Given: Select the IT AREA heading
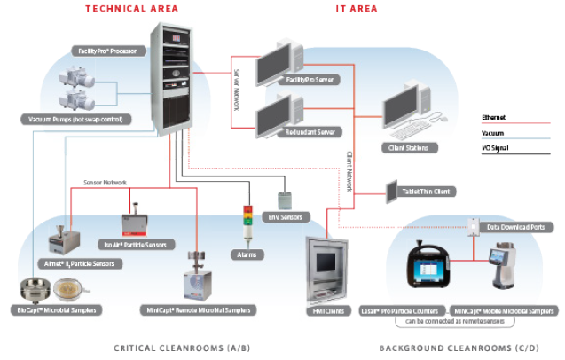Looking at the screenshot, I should coord(357,9).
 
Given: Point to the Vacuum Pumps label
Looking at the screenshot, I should coord(78,119).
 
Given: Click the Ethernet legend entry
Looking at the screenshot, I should coord(494,117).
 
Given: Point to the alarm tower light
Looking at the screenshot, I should coord(248,223).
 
